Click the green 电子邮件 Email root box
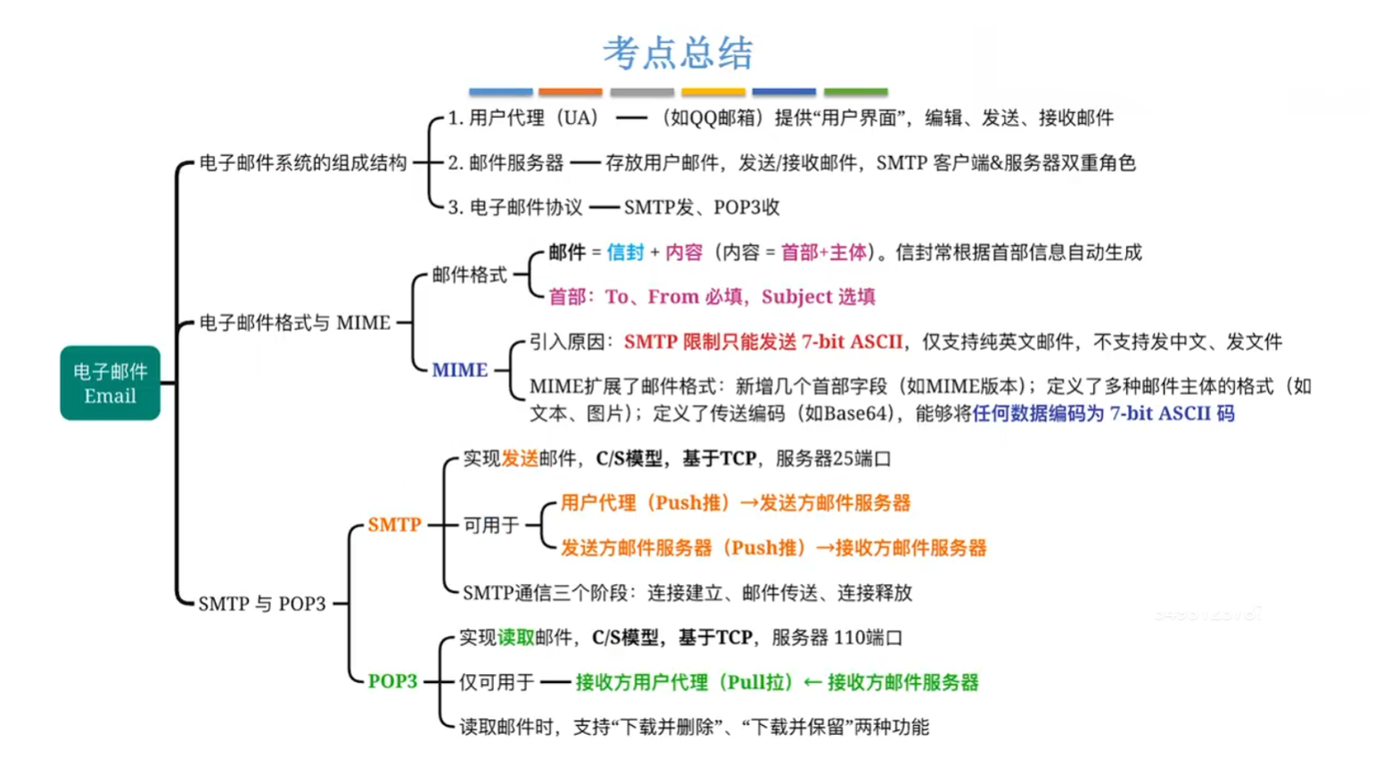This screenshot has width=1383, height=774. (x=110, y=383)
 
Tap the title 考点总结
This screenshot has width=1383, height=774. (x=678, y=54)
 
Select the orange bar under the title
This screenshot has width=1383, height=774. (x=570, y=91)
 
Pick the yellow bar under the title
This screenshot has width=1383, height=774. (x=712, y=91)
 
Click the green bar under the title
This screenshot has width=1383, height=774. (x=855, y=91)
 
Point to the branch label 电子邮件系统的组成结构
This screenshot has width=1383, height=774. (x=302, y=163)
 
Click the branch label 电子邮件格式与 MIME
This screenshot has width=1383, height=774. (x=294, y=323)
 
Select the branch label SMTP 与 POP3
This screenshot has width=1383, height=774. (x=261, y=604)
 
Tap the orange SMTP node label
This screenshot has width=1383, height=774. (x=394, y=525)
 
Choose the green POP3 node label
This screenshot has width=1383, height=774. (x=392, y=681)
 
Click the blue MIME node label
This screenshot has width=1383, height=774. (x=459, y=370)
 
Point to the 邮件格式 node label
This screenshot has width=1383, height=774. (x=469, y=275)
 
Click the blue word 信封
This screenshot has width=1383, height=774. (x=625, y=252)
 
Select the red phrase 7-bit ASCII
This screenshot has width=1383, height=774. (x=852, y=342)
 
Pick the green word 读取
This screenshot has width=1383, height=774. (x=515, y=638)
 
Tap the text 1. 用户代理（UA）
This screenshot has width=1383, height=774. (x=523, y=118)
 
